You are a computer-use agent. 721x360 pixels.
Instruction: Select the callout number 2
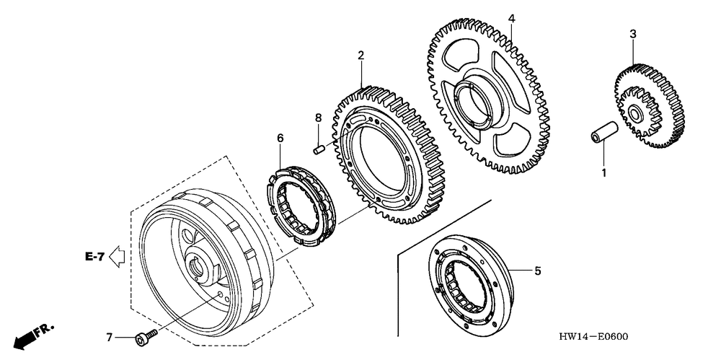tap(360, 55)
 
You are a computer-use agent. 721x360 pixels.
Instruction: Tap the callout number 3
tap(632, 34)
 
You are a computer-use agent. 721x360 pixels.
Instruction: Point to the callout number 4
tap(510, 18)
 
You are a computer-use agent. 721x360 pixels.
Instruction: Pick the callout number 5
tap(537, 271)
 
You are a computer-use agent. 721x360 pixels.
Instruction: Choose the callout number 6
tap(280, 137)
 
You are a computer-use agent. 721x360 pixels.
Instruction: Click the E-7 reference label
tap(94, 255)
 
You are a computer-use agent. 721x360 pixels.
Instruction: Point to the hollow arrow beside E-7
tap(118, 255)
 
